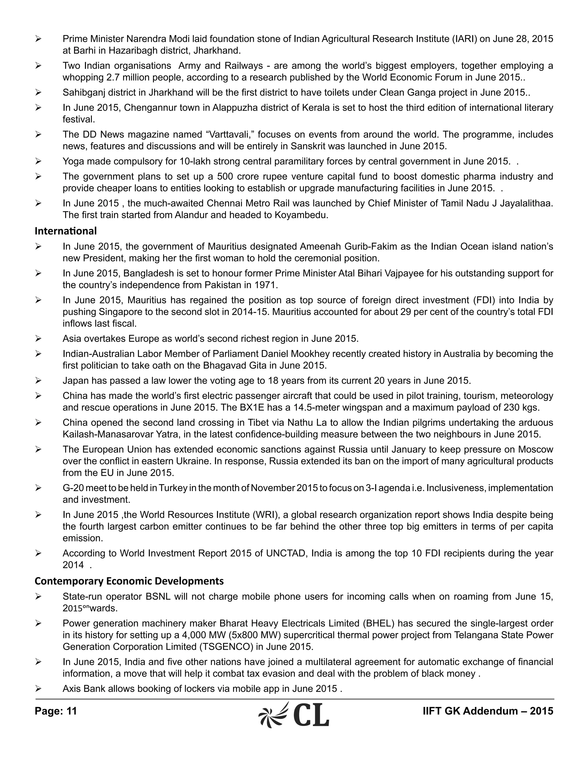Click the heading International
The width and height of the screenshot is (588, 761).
[65, 231]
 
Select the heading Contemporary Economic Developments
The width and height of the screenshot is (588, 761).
[129, 581]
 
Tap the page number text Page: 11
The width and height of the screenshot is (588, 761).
[56, 711]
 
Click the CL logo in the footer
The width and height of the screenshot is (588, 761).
[294, 714]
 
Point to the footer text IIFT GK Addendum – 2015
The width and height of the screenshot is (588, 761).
[488, 711]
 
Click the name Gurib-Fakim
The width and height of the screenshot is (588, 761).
[371, 247]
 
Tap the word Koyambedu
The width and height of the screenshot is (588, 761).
[301, 215]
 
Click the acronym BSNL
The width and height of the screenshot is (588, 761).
[158, 596]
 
